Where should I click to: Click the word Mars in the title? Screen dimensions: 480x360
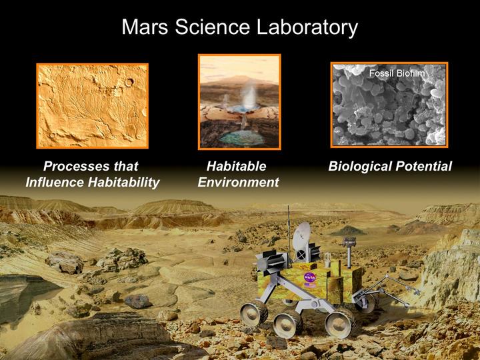(x=145, y=27)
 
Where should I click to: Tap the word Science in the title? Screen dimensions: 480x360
(x=213, y=27)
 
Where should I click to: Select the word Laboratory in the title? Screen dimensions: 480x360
(x=307, y=28)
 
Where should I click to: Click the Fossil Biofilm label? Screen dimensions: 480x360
(x=397, y=73)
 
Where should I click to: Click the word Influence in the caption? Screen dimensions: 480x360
(x=55, y=182)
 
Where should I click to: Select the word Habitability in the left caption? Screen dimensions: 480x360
(x=124, y=183)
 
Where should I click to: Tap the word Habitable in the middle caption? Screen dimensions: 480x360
(x=236, y=166)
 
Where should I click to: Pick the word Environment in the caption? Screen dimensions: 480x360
(x=238, y=182)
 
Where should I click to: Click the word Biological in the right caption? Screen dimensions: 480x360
(x=360, y=167)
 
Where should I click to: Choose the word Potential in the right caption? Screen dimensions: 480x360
(x=424, y=166)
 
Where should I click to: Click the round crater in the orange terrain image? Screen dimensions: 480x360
(x=129, y=82)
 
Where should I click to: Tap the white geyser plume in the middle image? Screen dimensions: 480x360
(x=250, y=94)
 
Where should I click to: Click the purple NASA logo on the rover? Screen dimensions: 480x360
(x=310, y=277)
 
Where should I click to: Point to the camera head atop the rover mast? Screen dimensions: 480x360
(x=349, y=242)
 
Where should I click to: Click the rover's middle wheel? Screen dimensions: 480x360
(x=288, y=323)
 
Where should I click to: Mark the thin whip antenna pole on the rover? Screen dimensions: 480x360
(x=289, y=230)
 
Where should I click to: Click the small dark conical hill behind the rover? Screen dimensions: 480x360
(x=349, y=231)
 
